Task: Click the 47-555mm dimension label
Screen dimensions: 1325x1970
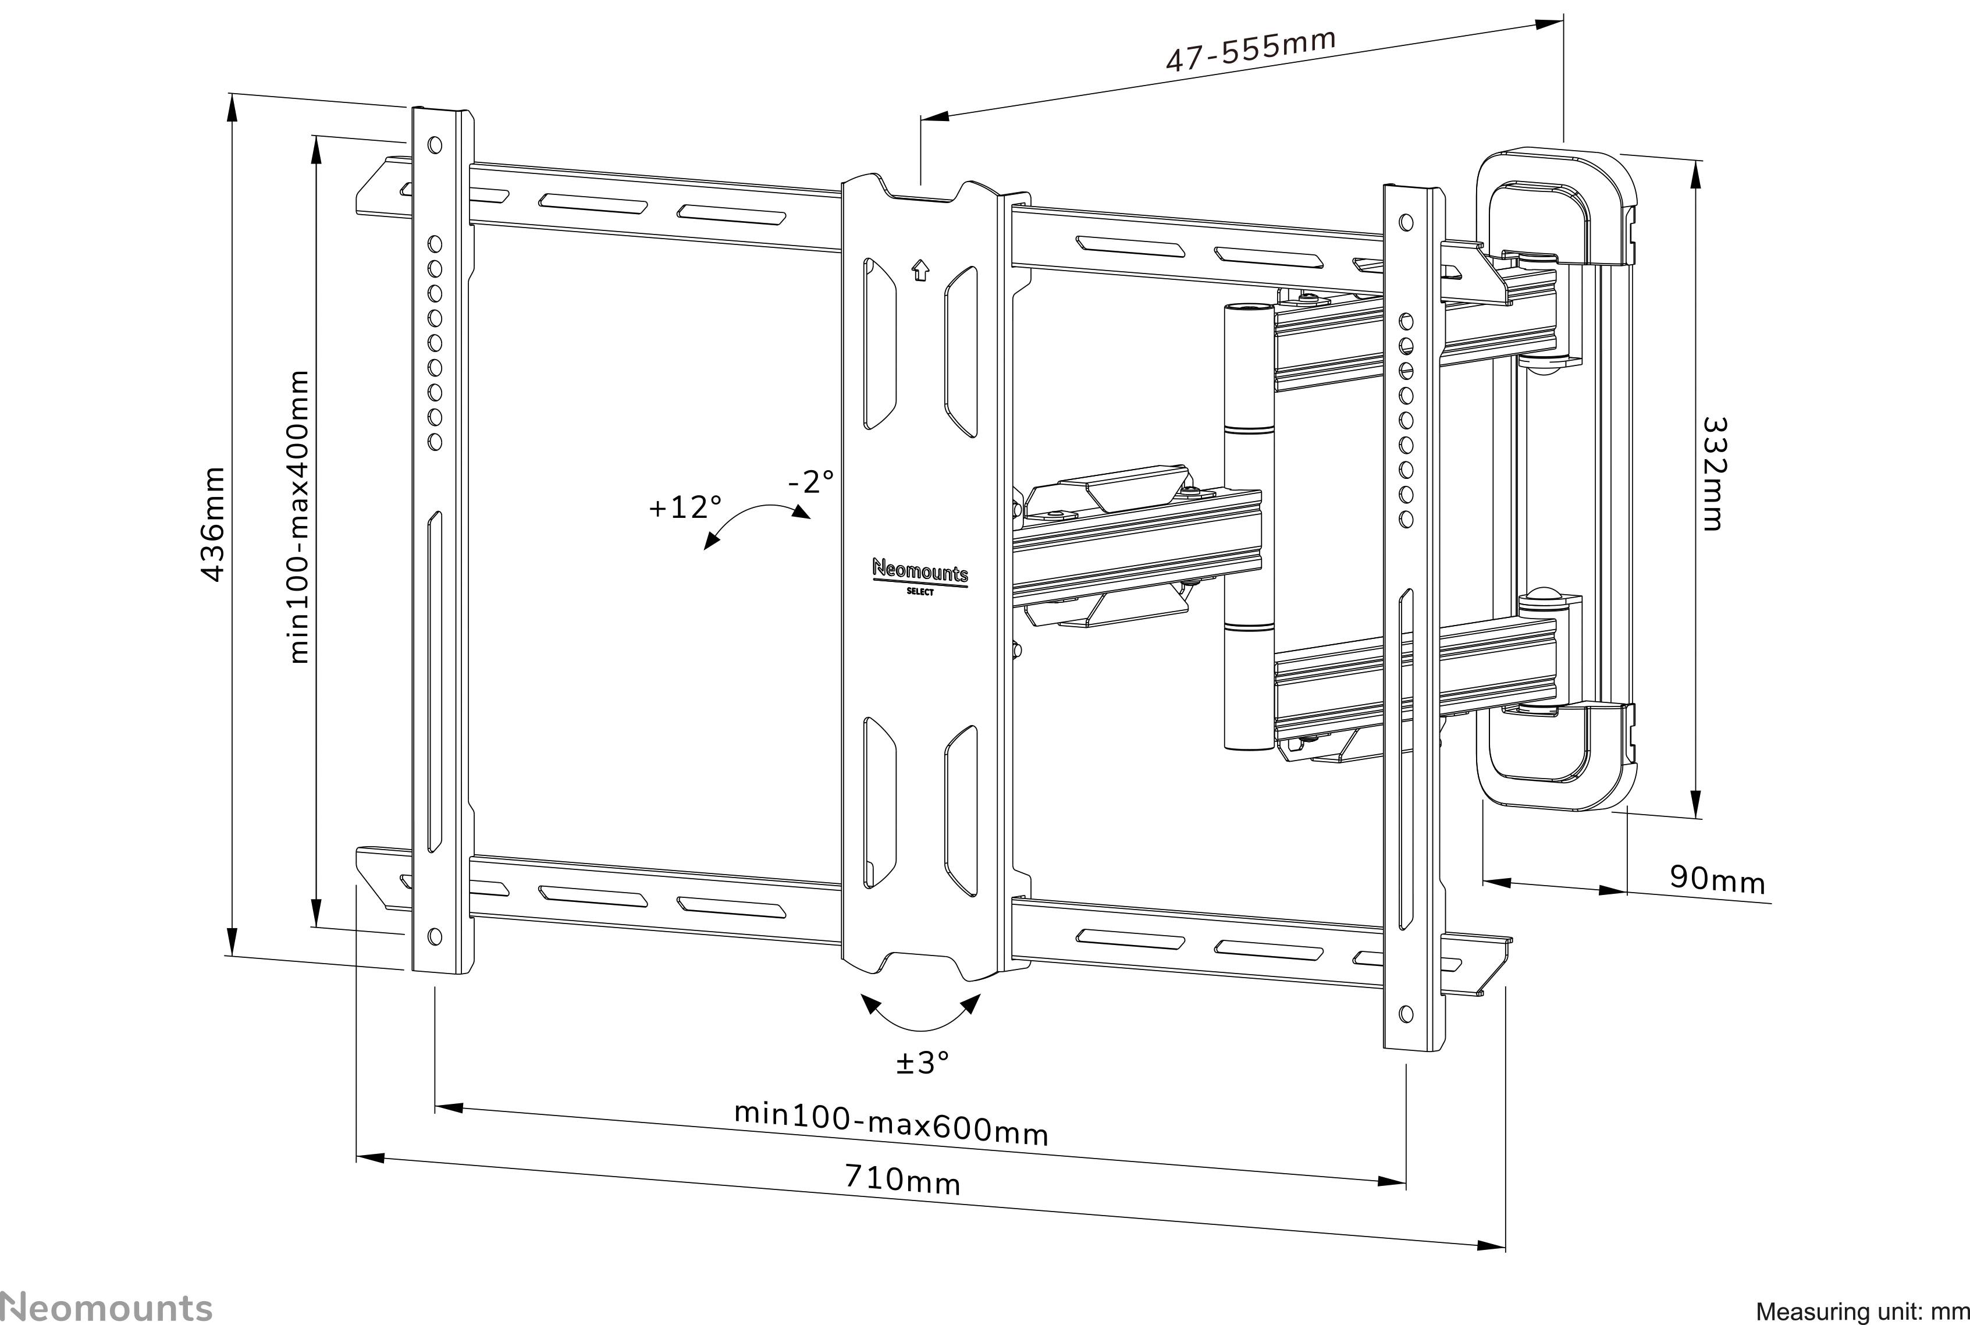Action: click(x=1250, y=50)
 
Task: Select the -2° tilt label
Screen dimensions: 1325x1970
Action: click(x=810, y=482)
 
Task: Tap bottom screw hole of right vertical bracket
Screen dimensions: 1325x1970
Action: click(x=1406, y=1013)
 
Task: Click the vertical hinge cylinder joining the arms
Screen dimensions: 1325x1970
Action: click(x=1248, y=528)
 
